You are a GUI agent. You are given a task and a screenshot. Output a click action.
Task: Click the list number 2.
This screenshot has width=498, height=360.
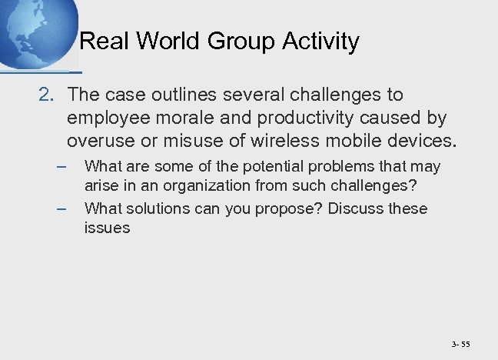tap(45, 95)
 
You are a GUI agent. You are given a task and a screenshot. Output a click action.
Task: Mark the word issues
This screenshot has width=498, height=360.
tap(107, 228)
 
